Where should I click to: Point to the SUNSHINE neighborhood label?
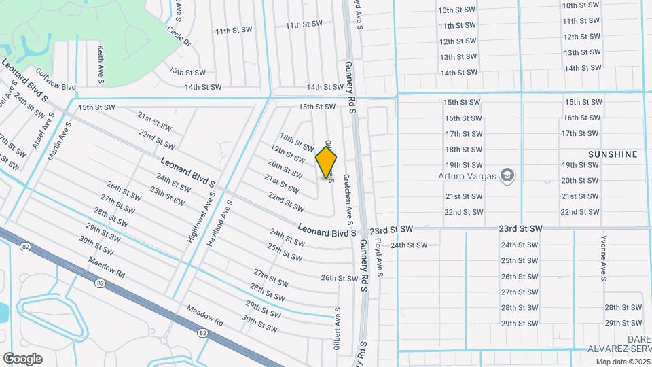pos(613,154)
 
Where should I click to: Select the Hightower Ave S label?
pos(202,217)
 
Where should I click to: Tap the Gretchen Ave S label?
pos(348,199)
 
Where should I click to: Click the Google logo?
pos(22,359)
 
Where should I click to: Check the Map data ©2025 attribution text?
pos(622,362)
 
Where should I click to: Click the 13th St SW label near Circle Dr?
pos(187,71)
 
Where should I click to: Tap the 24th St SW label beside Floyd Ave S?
pos(408,245)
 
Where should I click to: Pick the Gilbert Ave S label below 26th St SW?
pos(337,329)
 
